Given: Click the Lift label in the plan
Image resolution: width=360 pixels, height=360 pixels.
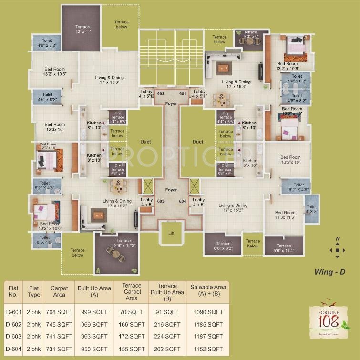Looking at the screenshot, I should coord(171,233).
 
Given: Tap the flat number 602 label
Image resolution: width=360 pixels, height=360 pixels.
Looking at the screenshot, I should coord(160,93).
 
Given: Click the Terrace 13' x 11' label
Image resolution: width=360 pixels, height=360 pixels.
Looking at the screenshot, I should coord(82,29).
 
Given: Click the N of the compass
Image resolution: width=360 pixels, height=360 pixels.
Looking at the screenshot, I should coord(337,238).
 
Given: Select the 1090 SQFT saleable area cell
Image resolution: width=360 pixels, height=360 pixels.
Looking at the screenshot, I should coord(208,312).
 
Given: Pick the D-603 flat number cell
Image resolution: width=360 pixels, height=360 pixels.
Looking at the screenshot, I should coord(13,336).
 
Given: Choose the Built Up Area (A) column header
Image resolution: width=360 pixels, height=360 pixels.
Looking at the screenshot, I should coord(94,291).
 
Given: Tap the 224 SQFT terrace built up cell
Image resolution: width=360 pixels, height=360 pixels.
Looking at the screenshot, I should coord(167,336).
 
